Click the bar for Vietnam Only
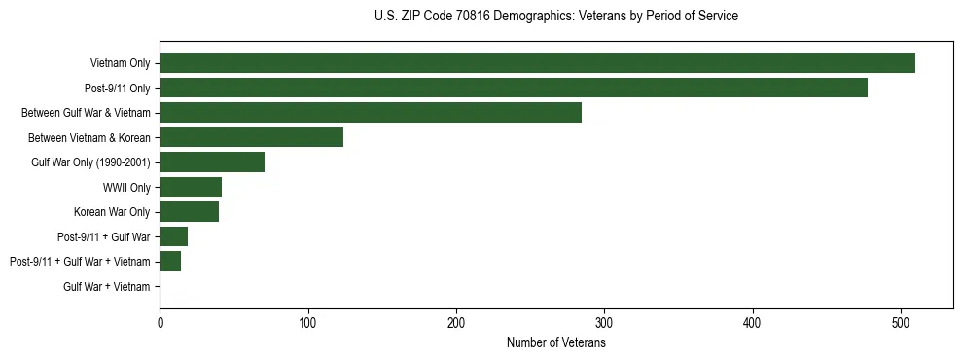tap(537, 63)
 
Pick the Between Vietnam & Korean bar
tap(251, 137)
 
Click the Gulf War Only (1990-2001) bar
tap(212, 162)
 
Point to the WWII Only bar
tap(191, 187)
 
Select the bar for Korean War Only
tap(189, 212)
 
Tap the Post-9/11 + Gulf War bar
tap(174, 236)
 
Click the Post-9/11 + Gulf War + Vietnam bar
tap(170, 262)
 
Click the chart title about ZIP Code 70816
tap(555, 17)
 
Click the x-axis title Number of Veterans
tap(555, 343)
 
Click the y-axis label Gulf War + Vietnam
tap(107, 287)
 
